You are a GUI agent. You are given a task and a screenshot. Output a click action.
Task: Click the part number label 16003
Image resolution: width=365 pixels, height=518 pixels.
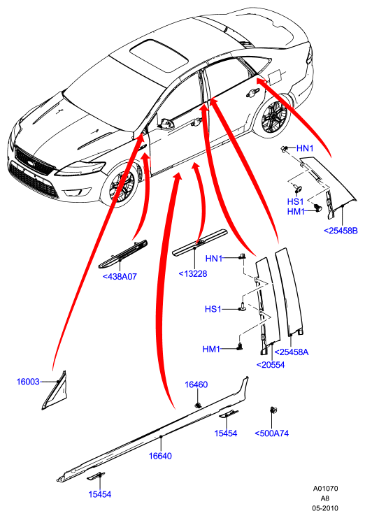[x=28, y=382]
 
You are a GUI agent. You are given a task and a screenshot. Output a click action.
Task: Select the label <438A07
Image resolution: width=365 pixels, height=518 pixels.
[x=120, y=277]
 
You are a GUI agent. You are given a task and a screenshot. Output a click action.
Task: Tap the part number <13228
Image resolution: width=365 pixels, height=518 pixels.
[x=193, y=273]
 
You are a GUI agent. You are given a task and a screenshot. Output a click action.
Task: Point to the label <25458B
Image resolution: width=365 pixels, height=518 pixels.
[x=341, y=231]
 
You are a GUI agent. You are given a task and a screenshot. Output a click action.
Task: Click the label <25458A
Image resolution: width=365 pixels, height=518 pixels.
[x=292, y=352]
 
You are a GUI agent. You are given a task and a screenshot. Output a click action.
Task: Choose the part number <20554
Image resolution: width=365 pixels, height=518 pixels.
[x=271, y=365]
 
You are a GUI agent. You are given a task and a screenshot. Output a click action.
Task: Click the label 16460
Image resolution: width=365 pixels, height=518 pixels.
[x=196, y=384]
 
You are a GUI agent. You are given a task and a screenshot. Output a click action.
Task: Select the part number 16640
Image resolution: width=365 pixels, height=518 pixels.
[x=160, y=456]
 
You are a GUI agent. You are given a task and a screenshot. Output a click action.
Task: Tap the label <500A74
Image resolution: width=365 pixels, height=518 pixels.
[x=271, y=433]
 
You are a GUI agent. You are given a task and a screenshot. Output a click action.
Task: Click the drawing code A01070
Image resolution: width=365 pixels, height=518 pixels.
[x=325, y=488]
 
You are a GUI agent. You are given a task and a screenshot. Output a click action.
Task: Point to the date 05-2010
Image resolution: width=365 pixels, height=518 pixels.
[x=325, y=508]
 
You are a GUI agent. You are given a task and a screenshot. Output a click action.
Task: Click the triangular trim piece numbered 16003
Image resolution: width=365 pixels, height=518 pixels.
[x=55, y=391]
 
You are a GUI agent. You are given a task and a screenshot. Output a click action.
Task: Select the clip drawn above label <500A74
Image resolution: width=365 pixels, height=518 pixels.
[x=273, y=410]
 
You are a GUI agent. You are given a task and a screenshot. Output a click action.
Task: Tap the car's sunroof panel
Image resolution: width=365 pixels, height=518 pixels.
[x=159, y=55]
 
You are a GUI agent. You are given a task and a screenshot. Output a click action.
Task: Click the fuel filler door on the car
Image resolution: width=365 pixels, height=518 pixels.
[x=275, y=76]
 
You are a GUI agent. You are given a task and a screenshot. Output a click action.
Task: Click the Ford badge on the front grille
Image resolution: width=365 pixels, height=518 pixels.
[x=31, y=164]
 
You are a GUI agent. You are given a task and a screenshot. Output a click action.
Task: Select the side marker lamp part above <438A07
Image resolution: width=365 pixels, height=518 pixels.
[x=124, y=254]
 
